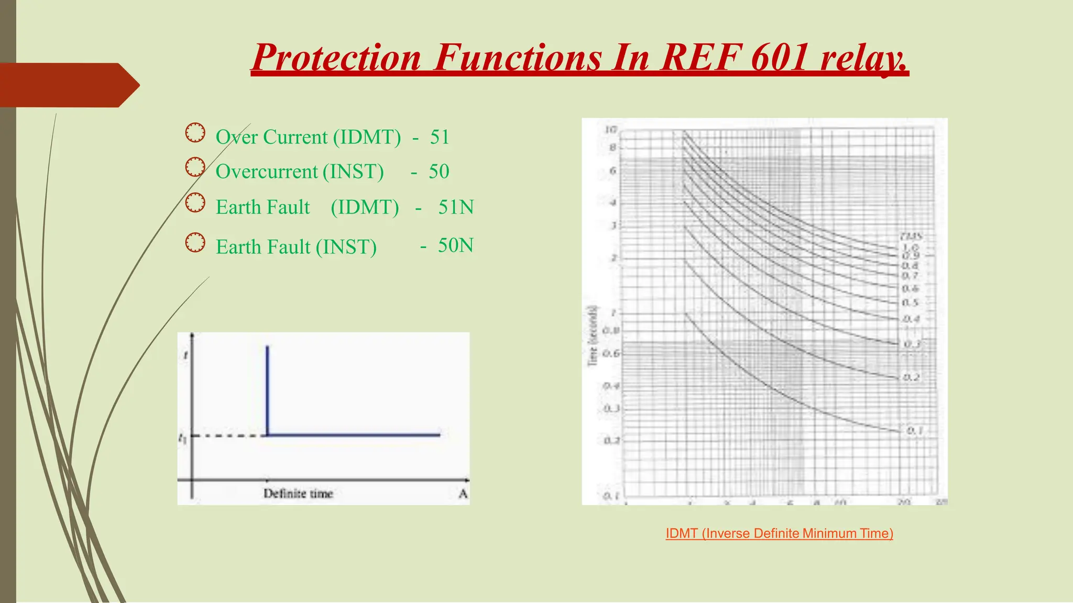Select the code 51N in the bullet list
(456, 207)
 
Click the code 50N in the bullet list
(456, 245)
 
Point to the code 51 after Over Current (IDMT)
(440, 137)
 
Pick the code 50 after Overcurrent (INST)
(439, 172)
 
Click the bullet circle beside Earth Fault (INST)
(195, 243)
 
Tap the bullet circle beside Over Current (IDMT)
(195, 133)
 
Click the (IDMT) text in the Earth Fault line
(365, 207)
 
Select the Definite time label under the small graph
(298, 494)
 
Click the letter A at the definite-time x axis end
(463, 494)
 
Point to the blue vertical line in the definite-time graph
(267, 390)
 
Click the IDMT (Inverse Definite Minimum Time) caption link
(779, 533)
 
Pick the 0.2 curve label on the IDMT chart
(912, 377)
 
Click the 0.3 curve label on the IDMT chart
(912, 344)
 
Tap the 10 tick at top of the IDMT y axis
(611, 130)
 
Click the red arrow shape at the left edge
(68, 85)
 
